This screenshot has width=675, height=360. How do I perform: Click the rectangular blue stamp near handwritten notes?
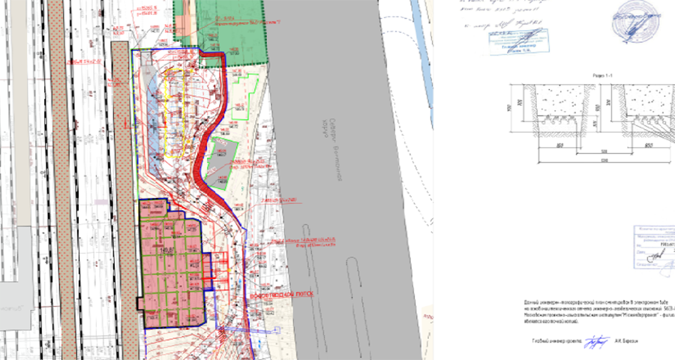(517, 42)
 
